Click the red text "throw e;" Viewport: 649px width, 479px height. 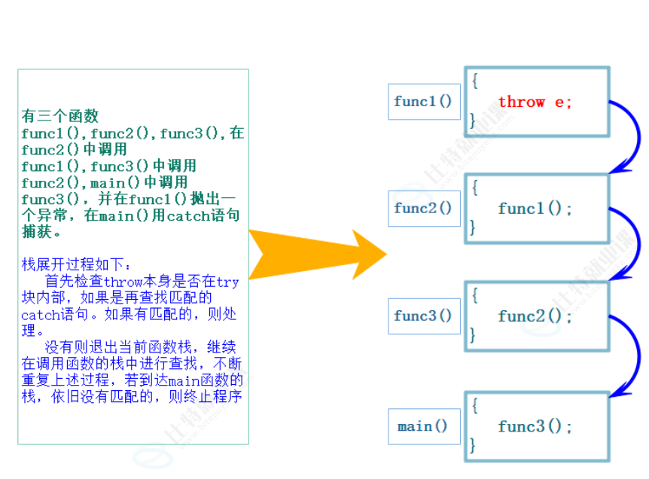click(535, 102)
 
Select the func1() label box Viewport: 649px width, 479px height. click(423, 102)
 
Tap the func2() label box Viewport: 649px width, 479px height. click(423, 209)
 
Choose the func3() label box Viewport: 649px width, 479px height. click(423, 316)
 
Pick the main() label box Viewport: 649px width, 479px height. click(423, 426)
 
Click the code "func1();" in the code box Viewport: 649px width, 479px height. click(535, 209)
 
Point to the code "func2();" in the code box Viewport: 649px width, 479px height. click(535, 316)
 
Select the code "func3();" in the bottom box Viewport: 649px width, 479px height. click(535, 427)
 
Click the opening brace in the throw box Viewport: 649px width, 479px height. click(475, 78)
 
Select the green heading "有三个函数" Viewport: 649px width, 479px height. click(60, 117)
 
